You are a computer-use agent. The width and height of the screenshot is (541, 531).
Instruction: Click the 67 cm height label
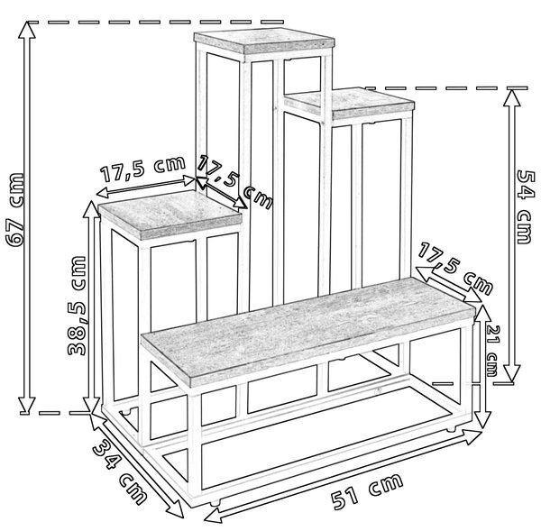pos(15,210)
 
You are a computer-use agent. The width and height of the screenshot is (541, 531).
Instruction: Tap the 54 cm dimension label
pos(525,207)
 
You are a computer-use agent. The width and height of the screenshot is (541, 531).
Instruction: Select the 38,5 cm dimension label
pos(77,306)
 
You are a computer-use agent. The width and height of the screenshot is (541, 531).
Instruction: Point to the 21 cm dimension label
pos(492,350)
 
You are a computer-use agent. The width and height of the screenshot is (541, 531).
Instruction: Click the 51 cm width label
pos(367,491)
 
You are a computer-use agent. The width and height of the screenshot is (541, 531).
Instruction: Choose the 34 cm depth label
pos(120,473)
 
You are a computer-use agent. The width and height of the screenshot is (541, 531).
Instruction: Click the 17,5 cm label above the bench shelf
pos(455,269)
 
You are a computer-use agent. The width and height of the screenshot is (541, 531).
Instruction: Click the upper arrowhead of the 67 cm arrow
pos(27,30)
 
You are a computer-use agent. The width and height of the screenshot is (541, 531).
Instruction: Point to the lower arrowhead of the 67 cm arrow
pos(27,405)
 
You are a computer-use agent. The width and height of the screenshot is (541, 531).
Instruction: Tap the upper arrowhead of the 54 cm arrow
pos(511,98)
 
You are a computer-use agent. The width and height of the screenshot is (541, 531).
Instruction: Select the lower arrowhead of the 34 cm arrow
pos(175,509)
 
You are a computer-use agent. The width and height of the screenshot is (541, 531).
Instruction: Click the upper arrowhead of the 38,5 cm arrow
pos(91,209)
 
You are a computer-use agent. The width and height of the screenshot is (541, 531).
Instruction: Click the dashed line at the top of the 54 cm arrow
pos(446,88)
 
